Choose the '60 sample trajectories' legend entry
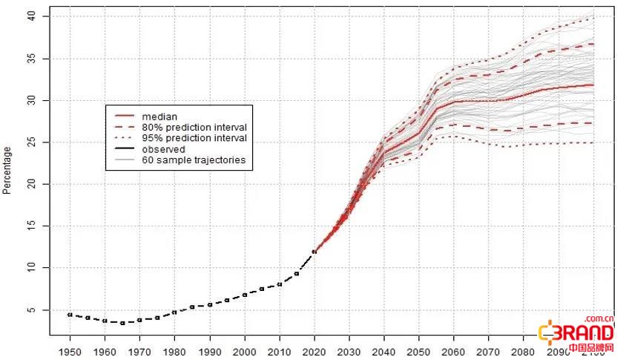point(193,160)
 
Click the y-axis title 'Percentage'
point(7,171)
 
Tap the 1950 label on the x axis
point(70,350)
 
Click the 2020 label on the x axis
point(314,350)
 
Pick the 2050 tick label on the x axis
point(419,350)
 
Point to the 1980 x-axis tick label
point(174,350)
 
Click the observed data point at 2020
point(314,252)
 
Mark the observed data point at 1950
point(70,315)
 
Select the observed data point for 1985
point(192,307)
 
